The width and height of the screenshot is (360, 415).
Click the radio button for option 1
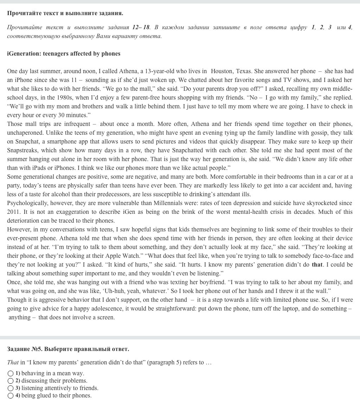pyautogui.click(x=11, y=373)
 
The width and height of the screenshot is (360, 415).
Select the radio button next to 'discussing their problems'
pyautogui.click(x=11, y=381)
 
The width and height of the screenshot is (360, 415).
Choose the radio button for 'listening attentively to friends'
pyautogui.click(x=11, y=388)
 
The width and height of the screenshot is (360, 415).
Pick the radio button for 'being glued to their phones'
pyautogui.click(x=11, y=395)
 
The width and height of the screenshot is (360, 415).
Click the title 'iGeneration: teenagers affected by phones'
pyautogui.click(x=64, y=53)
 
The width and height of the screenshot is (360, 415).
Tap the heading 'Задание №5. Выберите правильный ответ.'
pyautogui.click(x=68, y=349)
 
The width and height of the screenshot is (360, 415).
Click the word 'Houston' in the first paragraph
pyautogui.click(x=221, y=71)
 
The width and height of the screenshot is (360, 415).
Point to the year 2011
pyautogui.click(x=13, y=212)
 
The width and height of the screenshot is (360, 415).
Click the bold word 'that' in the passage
pyautogui.click(x=317, y=264)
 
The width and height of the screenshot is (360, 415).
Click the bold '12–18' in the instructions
pyautogui.click(x=141, y=27)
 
